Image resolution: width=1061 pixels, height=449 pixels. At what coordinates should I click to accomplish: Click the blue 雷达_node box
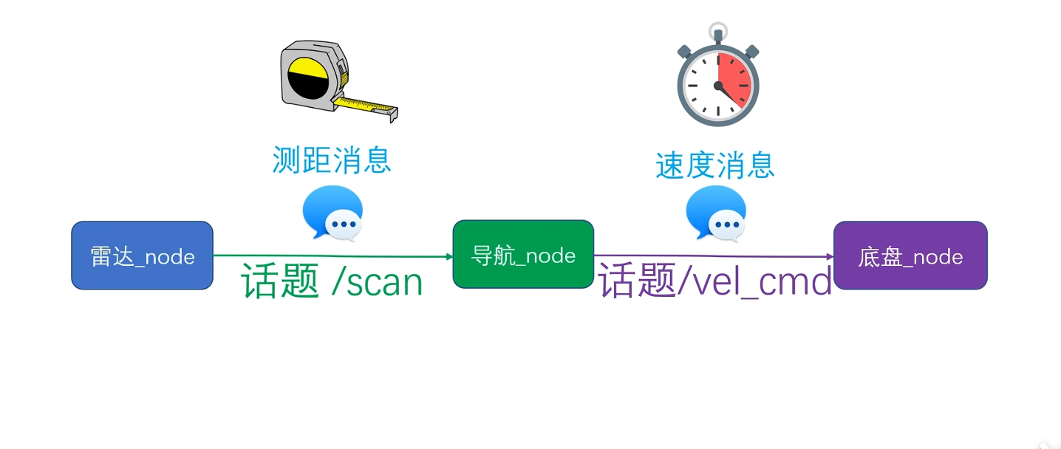142,256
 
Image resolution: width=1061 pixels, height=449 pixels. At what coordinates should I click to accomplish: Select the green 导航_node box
523,254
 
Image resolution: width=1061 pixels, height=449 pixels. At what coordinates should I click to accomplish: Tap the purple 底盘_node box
910,256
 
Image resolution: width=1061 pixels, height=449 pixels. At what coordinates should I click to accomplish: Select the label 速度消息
714,165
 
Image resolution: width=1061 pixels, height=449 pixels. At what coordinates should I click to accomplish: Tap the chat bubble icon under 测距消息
333,213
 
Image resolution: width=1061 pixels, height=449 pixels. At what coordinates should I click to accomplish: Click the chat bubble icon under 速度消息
716,213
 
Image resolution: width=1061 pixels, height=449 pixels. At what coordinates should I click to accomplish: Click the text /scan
377,282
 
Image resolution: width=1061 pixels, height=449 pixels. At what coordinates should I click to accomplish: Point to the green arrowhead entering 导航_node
448,257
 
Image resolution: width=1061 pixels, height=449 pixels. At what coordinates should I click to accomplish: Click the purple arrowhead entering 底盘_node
830,257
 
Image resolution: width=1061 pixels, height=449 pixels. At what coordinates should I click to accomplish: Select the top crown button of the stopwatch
717,32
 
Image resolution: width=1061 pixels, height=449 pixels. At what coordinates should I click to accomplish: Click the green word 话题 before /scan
280,282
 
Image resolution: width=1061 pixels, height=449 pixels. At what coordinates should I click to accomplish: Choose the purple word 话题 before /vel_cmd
637,282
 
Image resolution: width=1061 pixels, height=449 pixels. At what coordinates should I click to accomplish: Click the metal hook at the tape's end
392,114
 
